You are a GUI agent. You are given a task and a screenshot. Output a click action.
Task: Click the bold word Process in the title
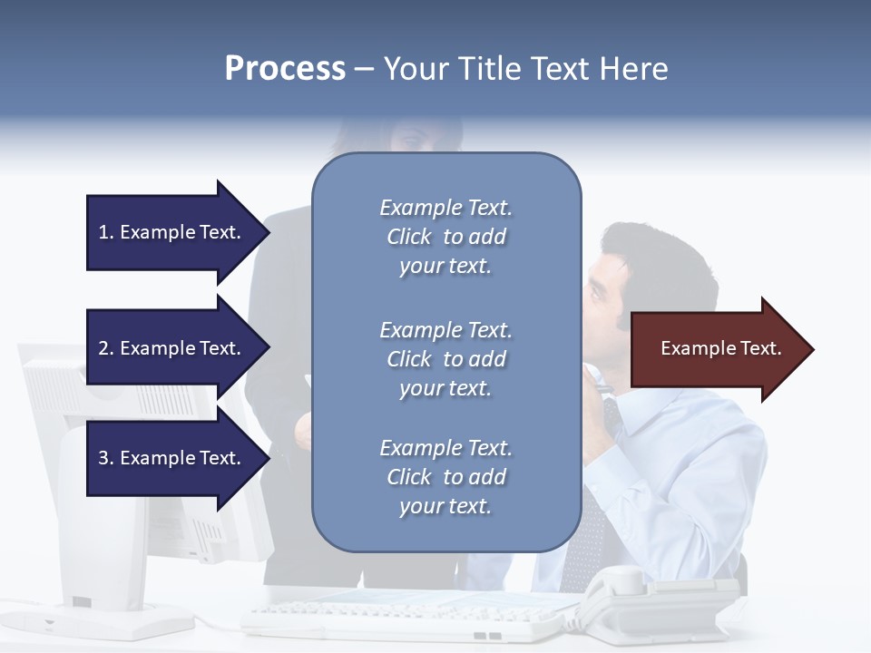click(x=285, y=69)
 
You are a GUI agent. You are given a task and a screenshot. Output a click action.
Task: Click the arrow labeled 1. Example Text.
click(x=170, y=232)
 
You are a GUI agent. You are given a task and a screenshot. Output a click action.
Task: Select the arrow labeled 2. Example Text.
click(x=170, y=348)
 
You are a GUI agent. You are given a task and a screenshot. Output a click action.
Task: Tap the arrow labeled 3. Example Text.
click(x=170, y=458)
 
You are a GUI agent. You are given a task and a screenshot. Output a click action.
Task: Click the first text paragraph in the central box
click(x=445, y=237)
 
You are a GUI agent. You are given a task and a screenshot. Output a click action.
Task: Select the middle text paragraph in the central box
click(x=445, y=358)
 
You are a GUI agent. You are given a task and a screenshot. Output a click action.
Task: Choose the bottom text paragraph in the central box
click(x=445, y=477)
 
